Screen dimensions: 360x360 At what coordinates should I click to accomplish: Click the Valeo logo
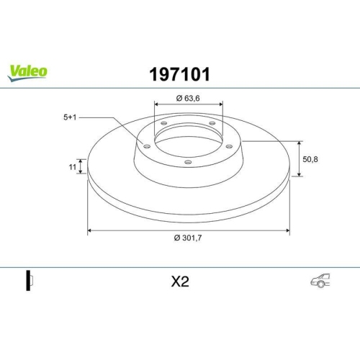pyautogui.click(x=27, y=71)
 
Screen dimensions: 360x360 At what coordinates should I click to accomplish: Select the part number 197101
pyautogui.click(x=179, y=73)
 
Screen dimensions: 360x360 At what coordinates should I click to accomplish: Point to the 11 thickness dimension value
pyautogui.click(x=72, y=166)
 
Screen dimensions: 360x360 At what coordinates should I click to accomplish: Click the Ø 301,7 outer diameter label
pyautogui.click(x=188, y=240)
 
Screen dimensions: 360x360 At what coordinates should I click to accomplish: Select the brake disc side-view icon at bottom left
pyautogui.click(x=29, y=282)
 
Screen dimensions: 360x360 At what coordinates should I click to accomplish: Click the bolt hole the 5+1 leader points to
pyautogui.click(x=147, y=147)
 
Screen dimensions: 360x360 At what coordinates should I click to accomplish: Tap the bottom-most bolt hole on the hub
pyautogui.click(x=188, y=162)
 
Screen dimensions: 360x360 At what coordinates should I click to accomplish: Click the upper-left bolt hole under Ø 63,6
pyautogui.click(x=164, y=124)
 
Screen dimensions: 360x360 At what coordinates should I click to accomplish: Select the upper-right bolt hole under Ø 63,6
pyautogui.click(x=213, y=124)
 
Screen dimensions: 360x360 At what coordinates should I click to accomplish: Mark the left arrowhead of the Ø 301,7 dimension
pyautogui.click(x=90, y=231)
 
